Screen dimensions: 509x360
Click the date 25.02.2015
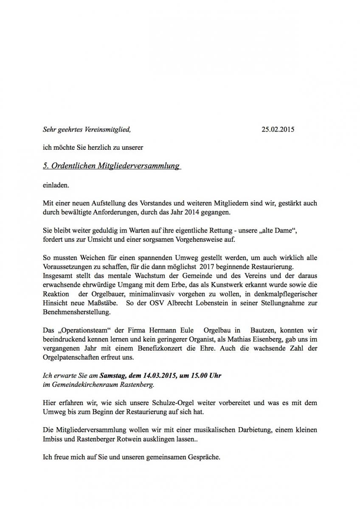point(278,129)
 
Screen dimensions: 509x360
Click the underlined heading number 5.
point(45,166)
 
